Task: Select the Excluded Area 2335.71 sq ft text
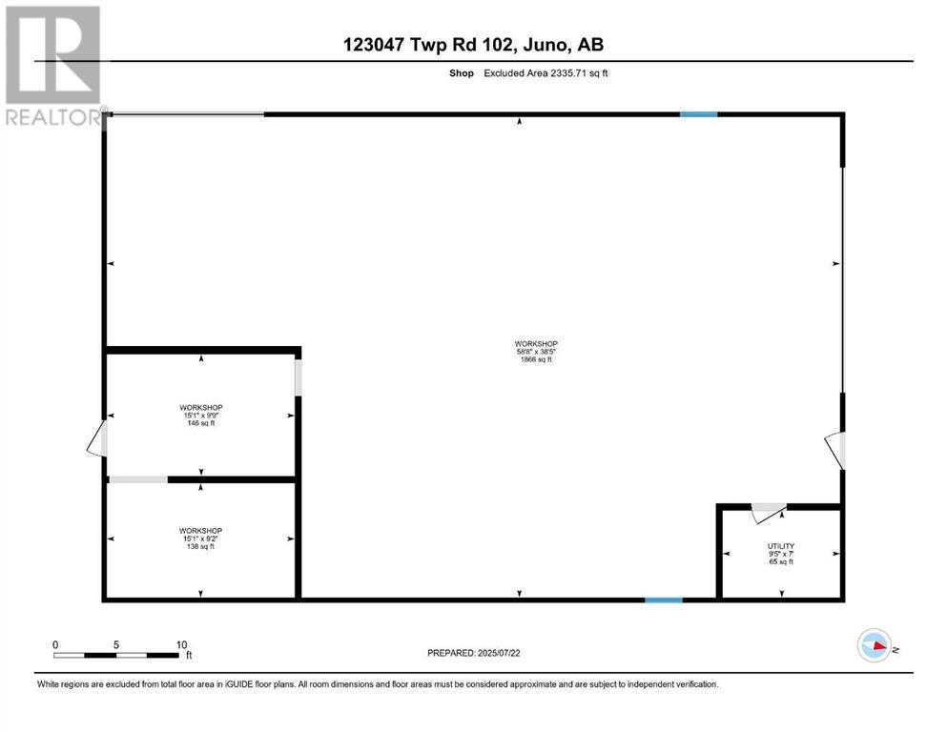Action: tap(546, 72)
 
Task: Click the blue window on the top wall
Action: tap(698, 114)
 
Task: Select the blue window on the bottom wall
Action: tap(664, 600)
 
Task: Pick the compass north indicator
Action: tap(875, 647)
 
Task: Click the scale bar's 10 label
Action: tap(181, 644)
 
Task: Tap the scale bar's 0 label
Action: tap(55, 644)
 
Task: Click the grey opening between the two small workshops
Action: tap(137, 479)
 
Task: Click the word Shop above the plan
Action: tap(463, 72)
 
